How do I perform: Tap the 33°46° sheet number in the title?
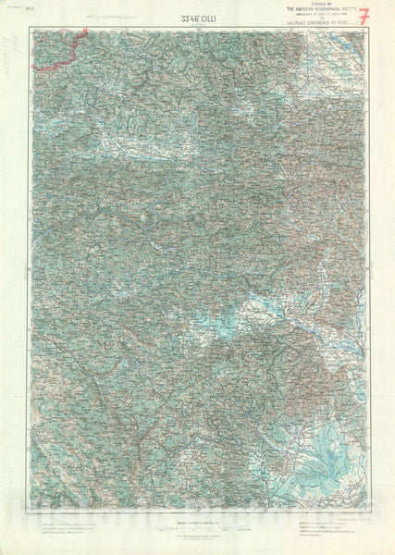182,18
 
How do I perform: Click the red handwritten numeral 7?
364,17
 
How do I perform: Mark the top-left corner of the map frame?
30,27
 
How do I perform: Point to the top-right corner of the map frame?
366,27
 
